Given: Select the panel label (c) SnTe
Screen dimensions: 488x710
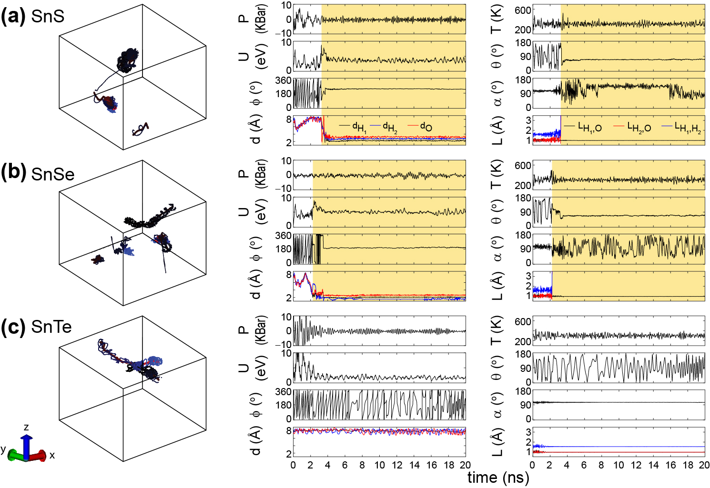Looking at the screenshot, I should tap(36, 327).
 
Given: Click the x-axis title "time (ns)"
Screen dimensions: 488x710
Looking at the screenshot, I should tap(498, 478).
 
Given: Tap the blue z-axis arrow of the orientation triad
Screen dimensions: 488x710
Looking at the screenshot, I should tap(27, 443).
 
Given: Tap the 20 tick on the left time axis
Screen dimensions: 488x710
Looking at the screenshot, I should tap(465, 465).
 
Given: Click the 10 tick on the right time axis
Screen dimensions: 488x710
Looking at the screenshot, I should tap(619, 465).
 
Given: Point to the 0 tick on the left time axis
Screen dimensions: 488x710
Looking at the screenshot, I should tap(293, 465).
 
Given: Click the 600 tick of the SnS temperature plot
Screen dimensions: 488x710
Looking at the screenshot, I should tap(523, 10).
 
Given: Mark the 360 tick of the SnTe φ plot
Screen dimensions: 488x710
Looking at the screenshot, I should tap(283, 392).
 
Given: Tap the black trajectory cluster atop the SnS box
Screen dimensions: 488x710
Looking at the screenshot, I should tap(128, 60).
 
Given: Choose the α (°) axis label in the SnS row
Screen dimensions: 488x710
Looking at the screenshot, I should tap(497, 94).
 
